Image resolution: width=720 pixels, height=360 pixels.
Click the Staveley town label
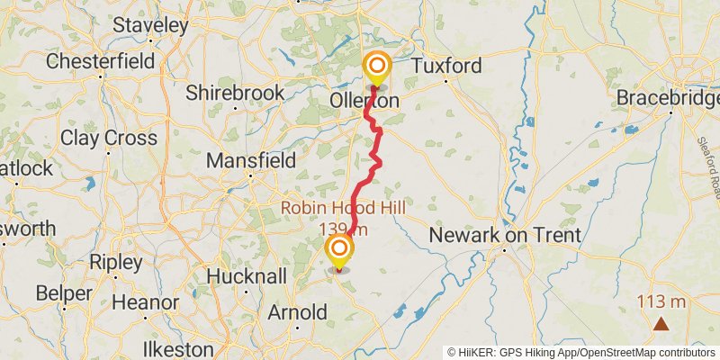point(150,25)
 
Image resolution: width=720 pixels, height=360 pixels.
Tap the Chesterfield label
point(103,61)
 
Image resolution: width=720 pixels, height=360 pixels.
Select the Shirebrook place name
point(235,93)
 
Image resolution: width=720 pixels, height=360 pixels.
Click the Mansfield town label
point(251,160)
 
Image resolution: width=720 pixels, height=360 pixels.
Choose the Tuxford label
point(447,66)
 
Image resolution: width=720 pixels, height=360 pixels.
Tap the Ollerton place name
point(364,102)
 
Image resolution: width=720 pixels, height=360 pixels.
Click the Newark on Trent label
point(505,236)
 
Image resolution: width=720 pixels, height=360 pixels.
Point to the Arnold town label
point(298,312)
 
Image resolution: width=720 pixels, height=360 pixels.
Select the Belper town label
point(65,293)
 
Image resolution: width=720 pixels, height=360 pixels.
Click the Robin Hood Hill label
point(343,208)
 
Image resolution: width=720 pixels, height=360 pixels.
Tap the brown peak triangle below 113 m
point(661,324)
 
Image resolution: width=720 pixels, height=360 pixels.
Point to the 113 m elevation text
point(661,301)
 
